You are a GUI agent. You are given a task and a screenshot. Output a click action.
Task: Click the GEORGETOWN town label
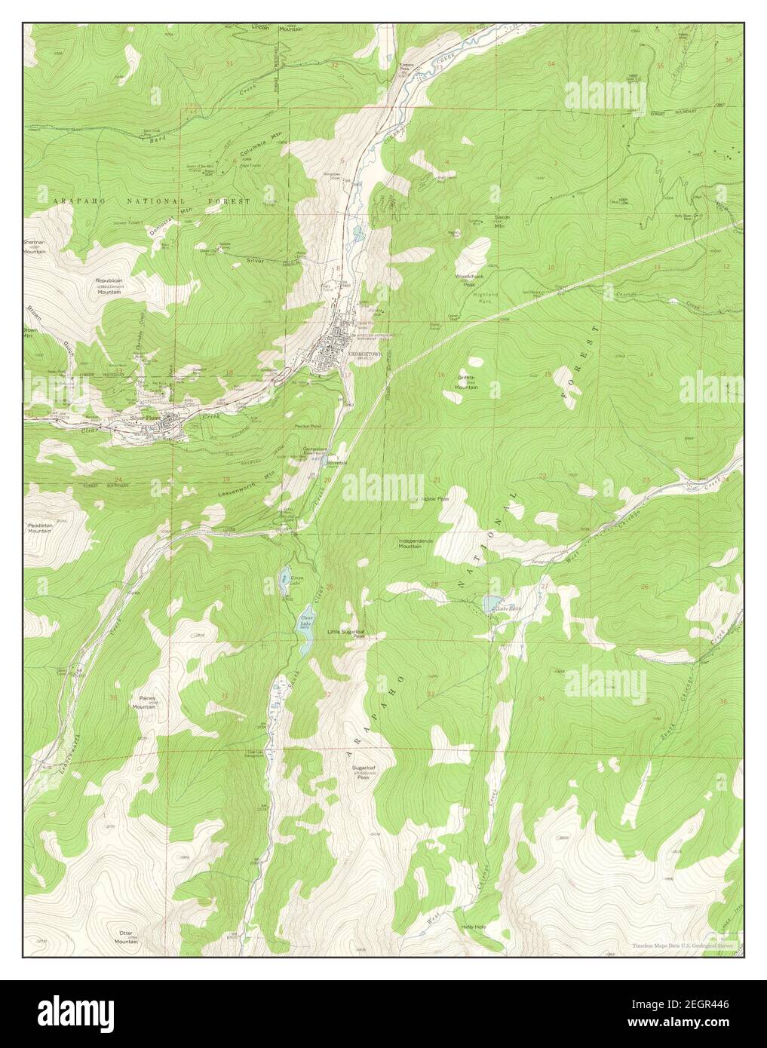[361, 352]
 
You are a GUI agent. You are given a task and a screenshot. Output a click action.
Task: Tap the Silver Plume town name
[145, 417]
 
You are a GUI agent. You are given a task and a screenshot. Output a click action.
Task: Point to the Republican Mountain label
[109, 285]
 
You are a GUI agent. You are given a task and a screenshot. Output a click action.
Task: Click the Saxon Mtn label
[502, 220]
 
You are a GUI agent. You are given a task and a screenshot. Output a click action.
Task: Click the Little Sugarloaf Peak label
[347, 633]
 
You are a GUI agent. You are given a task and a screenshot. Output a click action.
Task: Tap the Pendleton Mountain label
[40, 528]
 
